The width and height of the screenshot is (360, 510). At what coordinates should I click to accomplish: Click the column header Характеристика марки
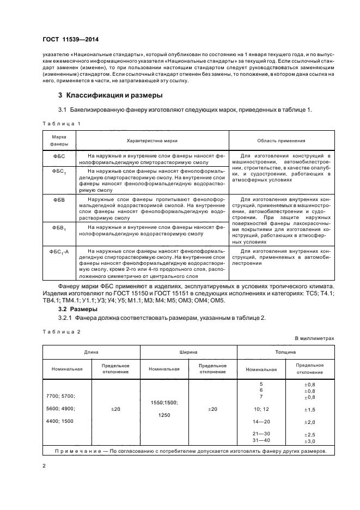pos(152,140)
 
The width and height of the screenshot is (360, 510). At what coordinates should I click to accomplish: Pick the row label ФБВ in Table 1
pos(58,199)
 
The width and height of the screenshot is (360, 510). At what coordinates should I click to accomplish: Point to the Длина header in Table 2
pos(91,353)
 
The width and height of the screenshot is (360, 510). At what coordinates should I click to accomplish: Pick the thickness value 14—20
pos(261,422)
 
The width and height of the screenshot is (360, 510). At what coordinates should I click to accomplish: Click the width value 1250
pos(164,415)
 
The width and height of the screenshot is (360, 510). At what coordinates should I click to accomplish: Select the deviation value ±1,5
pos(309,409)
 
